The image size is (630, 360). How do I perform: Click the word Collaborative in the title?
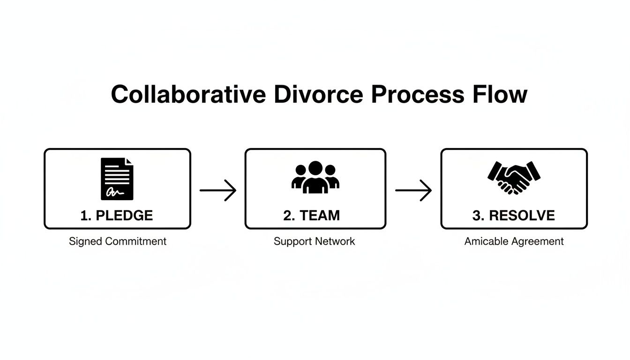pos(189,95)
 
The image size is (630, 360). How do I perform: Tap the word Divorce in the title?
pos(318,95)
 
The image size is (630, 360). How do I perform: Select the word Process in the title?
pos(416,95)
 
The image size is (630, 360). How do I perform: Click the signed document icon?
pos(117,179)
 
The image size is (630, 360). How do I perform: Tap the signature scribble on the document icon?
pos(114,192)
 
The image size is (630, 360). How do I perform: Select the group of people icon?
pos(315,178)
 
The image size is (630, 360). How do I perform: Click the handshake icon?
pos(514,178)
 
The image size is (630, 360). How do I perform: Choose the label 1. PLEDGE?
pos(117,216)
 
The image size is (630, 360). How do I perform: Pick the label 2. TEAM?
pos(312,216)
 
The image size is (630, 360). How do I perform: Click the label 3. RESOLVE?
pos(513,216)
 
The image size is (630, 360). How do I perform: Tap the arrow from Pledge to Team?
pos(218,190)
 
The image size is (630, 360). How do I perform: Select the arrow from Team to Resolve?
pos(413,190)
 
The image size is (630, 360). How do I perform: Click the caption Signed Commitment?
pos(118,241)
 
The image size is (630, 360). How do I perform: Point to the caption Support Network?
pos(314,241)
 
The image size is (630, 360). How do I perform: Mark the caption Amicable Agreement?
pos(514,241)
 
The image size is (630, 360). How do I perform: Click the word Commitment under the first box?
pos(135,241)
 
